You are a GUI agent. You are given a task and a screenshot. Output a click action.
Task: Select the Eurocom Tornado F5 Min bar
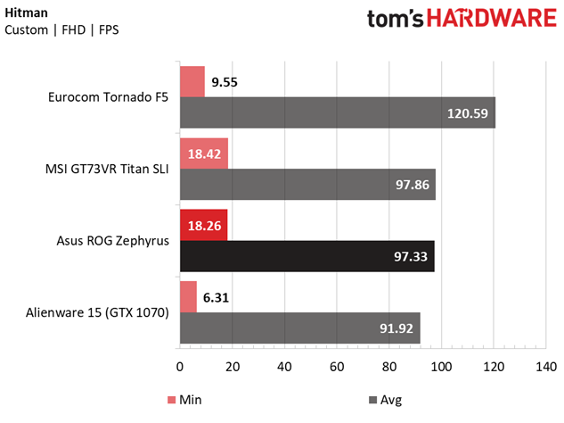(x=192, y=81)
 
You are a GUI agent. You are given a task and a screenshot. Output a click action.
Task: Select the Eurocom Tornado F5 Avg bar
(x=338, y=113)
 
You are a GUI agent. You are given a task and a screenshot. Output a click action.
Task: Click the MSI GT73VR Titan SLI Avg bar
(x=307, y=185)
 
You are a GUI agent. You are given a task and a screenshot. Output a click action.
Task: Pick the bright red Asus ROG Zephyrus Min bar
(x=204, y=225)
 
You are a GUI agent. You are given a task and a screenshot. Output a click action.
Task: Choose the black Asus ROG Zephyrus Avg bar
(x=307, y=256)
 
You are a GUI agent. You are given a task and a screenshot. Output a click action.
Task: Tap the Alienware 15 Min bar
(x=189, y=296)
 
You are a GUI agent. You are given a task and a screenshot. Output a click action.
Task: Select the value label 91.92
(x=393, y=328)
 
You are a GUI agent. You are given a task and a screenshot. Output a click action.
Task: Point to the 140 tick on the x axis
(x=546, y=367)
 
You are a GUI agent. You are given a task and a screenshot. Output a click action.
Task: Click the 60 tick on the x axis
(x=337, y=367)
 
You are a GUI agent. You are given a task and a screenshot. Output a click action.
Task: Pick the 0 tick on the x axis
(x=180, y=367)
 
